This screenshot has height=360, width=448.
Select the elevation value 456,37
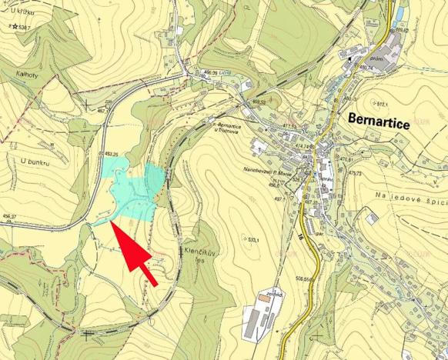coord(9,217)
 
